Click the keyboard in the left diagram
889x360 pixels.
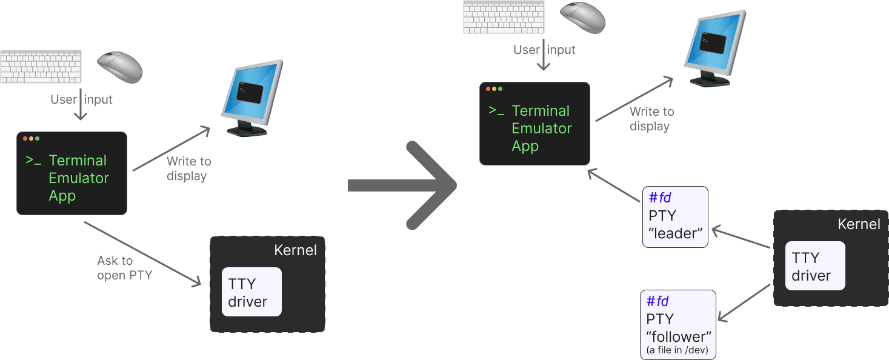41,67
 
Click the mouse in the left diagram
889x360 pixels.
119,66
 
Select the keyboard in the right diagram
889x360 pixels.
504,17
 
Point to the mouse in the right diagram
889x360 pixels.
582,17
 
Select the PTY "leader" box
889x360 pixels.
675,216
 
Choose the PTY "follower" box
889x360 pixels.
678,324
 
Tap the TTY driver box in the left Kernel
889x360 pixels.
251,292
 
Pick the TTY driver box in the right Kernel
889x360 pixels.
814,266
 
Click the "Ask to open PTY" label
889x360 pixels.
124,268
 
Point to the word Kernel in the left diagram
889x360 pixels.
295,250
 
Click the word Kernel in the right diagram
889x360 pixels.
858,224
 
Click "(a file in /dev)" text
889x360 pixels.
678,350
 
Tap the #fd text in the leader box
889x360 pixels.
659,198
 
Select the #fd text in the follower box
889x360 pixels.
658,301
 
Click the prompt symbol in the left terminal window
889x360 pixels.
33,161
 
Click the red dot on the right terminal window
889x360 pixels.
488,89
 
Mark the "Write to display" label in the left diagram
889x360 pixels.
188,168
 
